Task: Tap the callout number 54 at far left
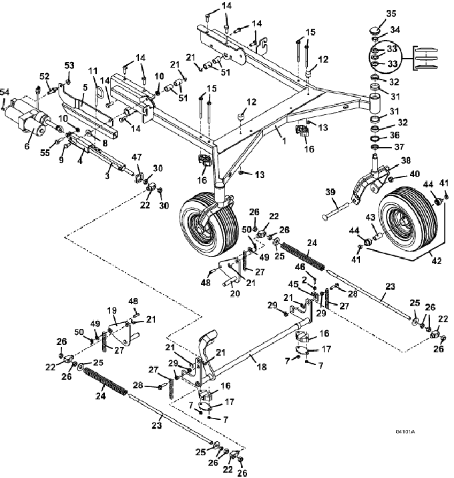click(5, 91)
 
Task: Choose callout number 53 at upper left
click(69, 65)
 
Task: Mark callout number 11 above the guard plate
click(93, 70)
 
